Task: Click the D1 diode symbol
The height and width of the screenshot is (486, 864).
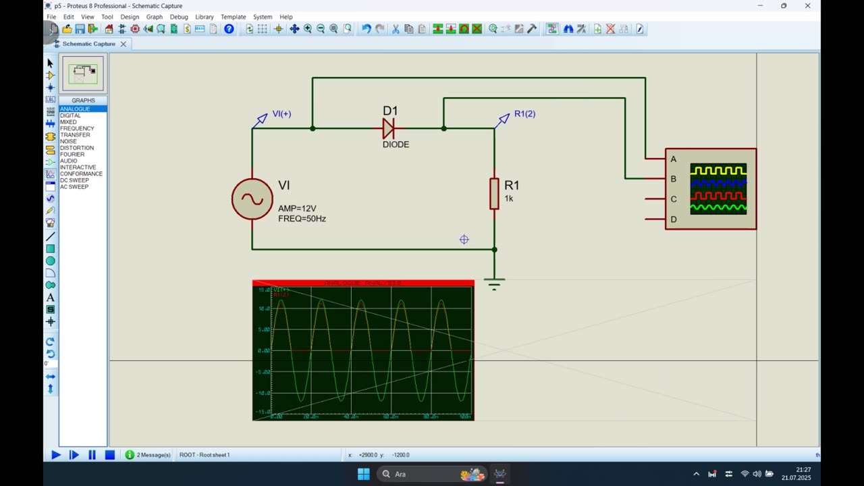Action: (x=388, y=128)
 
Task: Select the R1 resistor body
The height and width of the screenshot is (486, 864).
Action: (x=494, y=194)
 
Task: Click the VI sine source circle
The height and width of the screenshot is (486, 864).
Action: (x=252, y=199)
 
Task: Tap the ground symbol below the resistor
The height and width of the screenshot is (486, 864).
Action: (x=494, y=283)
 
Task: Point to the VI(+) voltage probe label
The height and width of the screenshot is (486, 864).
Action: (x=281, y=114)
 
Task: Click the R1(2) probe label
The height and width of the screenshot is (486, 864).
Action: (x=524, y=114)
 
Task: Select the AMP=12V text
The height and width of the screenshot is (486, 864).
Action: (x=297, y=209)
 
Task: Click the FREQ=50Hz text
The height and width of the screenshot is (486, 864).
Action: (x=302, y=219)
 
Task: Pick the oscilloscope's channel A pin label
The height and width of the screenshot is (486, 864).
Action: (x=673, y=159)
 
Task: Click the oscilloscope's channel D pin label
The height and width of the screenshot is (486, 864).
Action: (x=673, y=219)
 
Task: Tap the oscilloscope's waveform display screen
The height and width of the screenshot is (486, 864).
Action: (x=718, y=189)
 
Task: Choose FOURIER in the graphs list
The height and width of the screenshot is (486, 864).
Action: (x=72, y=155)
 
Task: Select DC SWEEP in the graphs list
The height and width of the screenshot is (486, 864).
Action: (x=74, y=180)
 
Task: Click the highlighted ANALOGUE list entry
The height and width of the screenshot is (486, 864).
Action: (x=75, y=109)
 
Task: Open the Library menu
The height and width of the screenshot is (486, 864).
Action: (x=204, y=17)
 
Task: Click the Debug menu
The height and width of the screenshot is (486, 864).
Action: (x=179, y=17)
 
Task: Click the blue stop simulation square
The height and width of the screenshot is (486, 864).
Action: (x=109, y=455)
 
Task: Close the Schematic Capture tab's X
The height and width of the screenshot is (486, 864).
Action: (x=124, y=44)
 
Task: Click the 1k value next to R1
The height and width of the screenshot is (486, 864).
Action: (x=509, y=198)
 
